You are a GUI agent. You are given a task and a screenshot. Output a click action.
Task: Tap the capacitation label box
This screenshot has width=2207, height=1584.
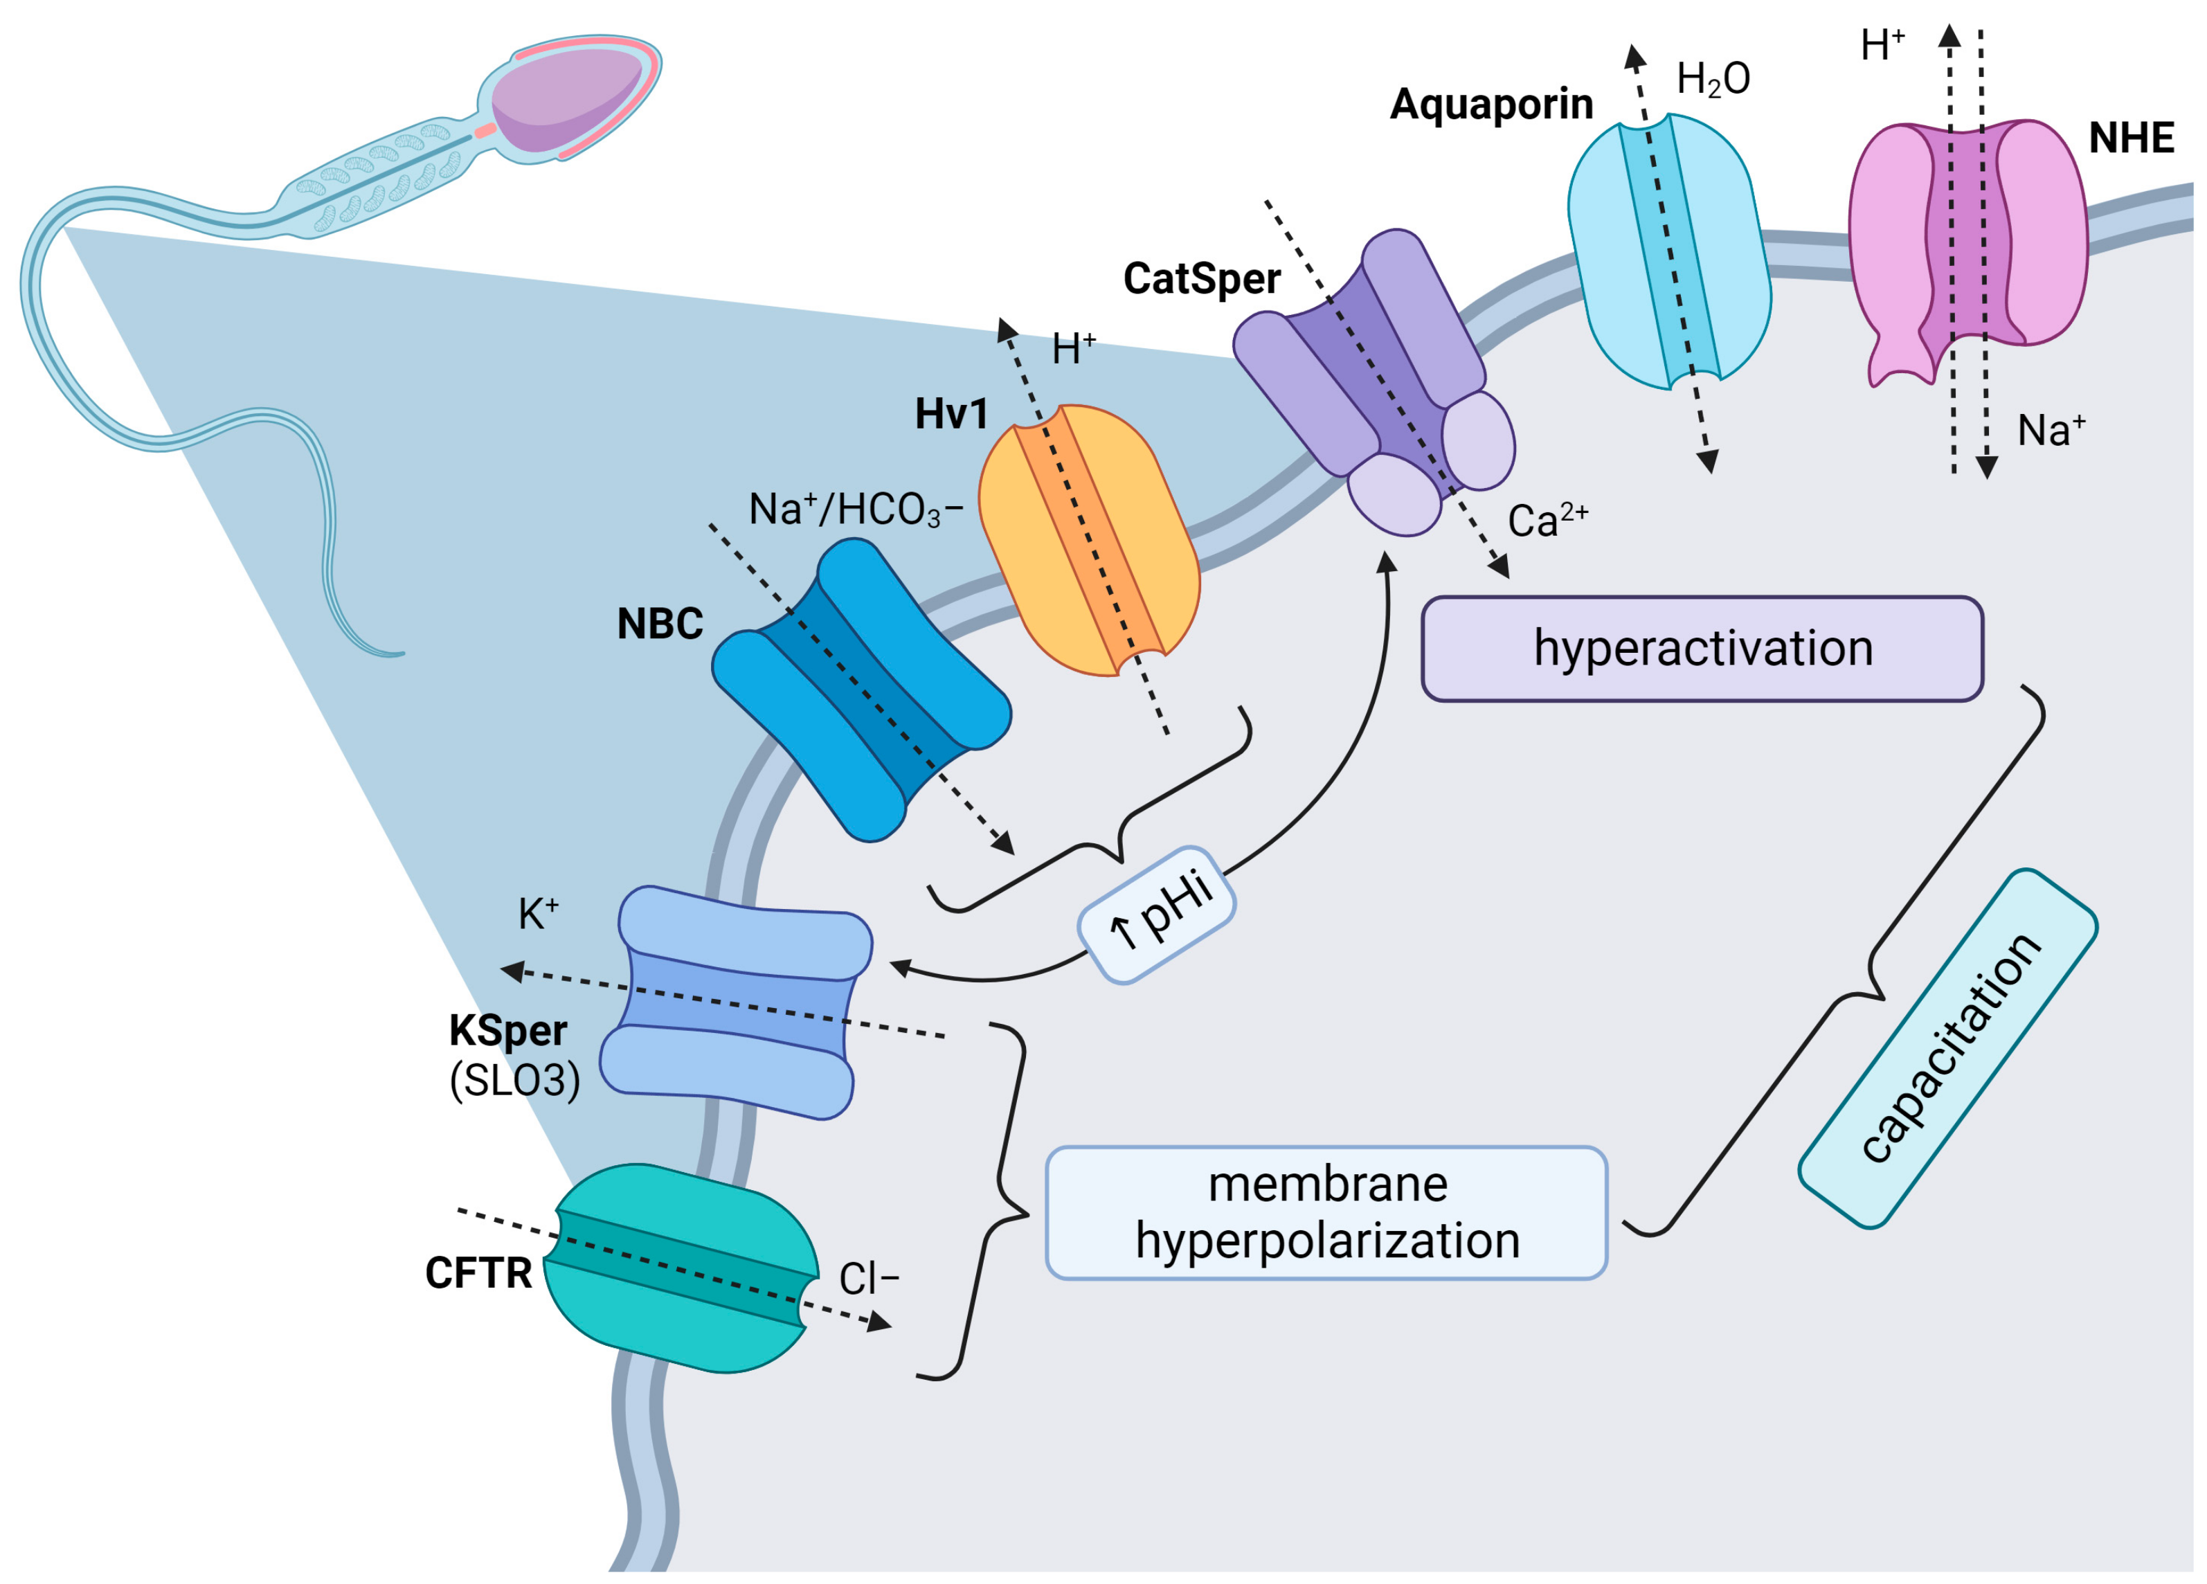pos(1947,1049)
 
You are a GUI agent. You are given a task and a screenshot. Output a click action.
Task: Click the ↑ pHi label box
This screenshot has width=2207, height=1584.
pos(1156,914)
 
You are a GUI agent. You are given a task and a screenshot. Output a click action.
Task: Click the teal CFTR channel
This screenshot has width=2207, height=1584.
pos(681,1268)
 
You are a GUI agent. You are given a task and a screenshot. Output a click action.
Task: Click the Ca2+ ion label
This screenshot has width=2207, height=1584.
pos(1547,521)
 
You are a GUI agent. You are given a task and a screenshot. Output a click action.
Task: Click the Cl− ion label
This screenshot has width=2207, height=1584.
pos(868,1279)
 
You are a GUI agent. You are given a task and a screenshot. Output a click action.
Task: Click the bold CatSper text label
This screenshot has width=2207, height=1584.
pos(1201,279)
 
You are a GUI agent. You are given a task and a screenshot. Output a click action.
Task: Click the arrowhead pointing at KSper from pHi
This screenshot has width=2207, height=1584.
pos(899,967)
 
